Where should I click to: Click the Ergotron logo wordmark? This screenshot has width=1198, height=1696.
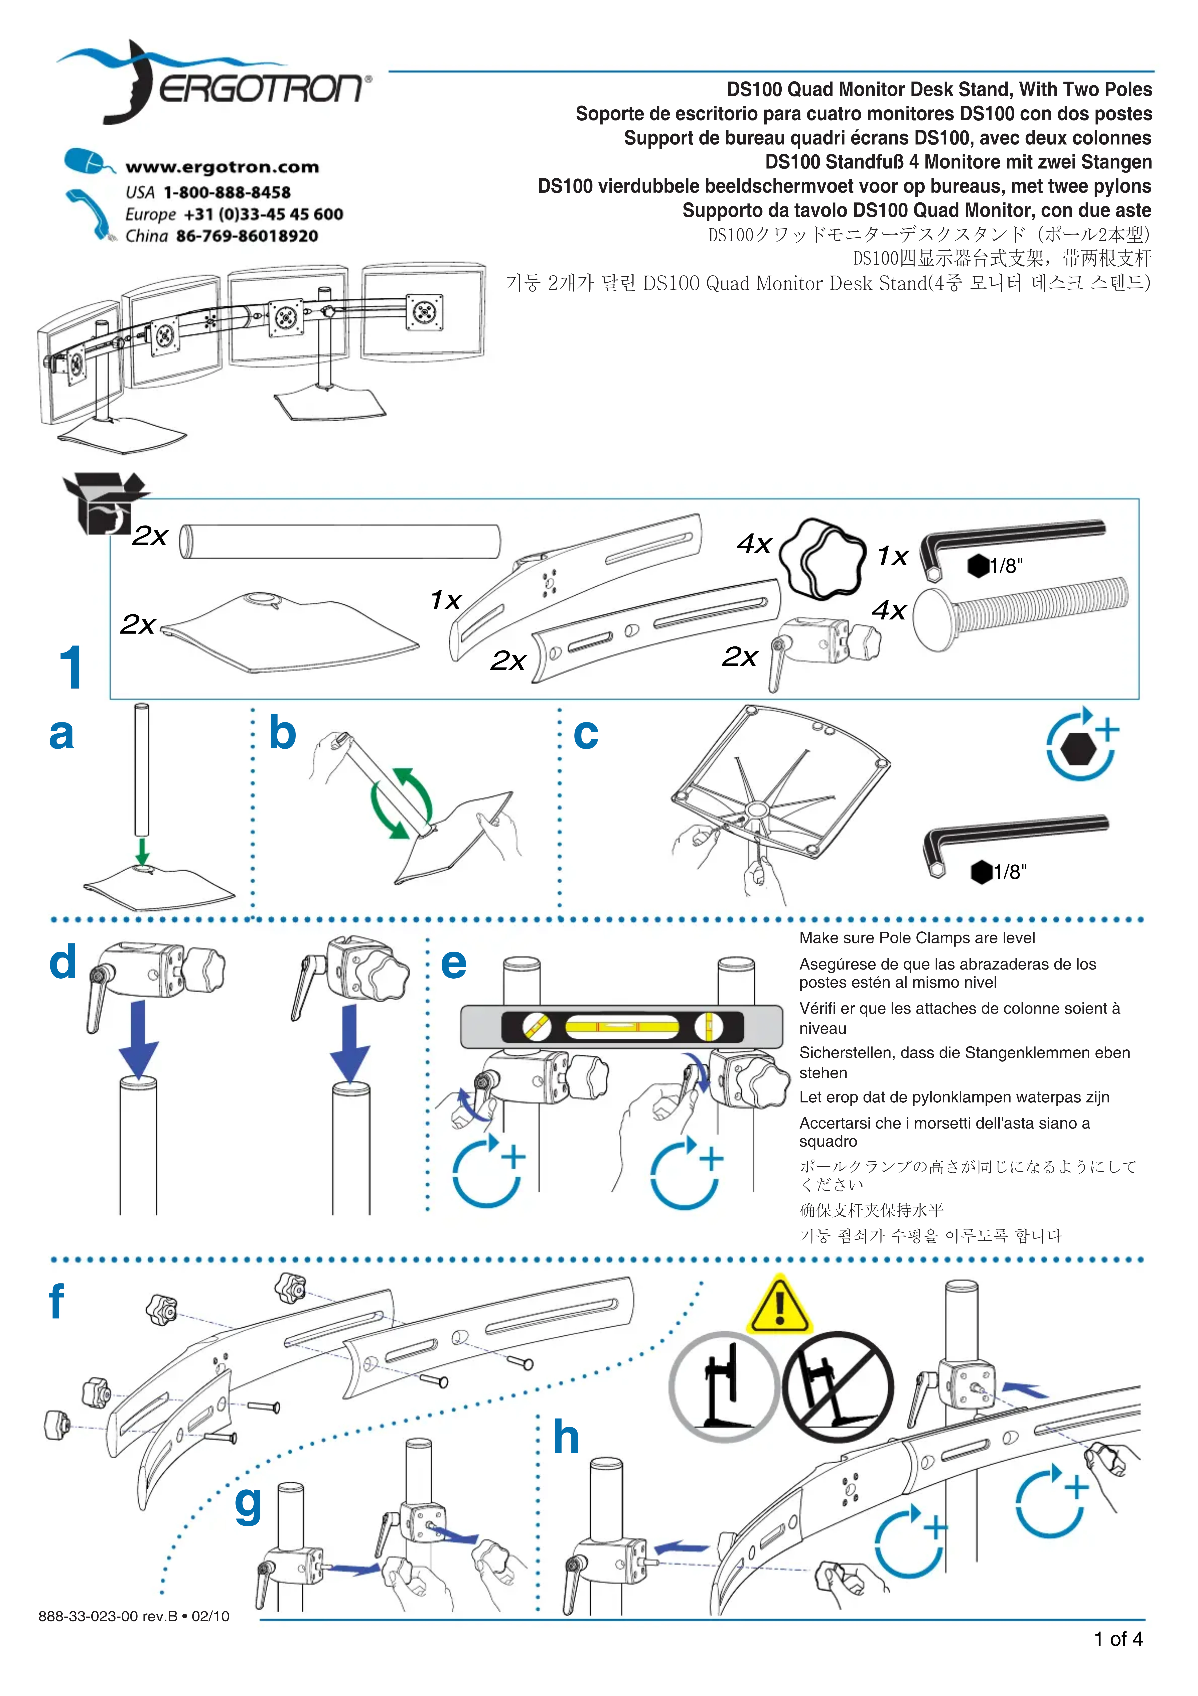[262, 89]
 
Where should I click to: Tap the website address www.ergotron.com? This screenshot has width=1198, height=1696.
[222, 167]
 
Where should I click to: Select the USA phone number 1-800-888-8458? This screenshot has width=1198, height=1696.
[227, 192]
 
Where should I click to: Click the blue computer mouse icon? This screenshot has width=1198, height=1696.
[87, 161]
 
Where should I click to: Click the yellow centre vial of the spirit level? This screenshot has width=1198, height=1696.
[621, 1026]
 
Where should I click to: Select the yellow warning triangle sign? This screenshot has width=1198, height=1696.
[779, 1306]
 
